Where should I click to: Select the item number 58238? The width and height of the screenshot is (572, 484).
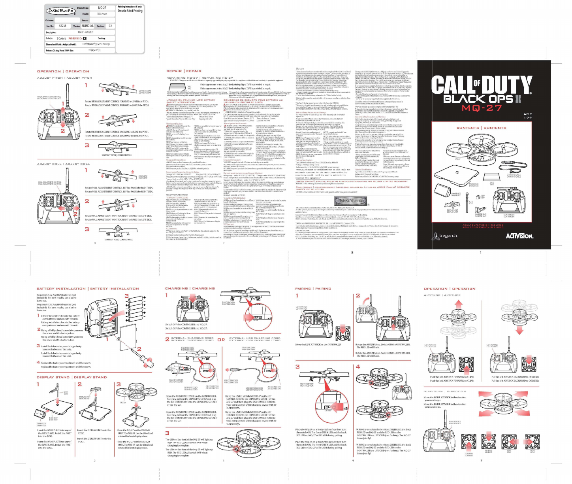click(x=62, y=26)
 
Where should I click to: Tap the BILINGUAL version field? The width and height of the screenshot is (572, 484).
click(x=88, y=26)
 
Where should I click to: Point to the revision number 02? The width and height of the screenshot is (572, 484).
click(x=110, y=26)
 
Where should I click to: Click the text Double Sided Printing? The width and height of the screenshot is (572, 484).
click(x=130, y=11)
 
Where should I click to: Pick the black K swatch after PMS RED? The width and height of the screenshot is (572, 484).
click(x=85, y=38)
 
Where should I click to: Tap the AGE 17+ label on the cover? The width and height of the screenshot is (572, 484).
click(x=528, y=116)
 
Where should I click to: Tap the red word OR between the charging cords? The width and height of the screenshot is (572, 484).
click(x=221, y=340)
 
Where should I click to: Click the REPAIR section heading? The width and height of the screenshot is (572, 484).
click(x=174, y=71)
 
